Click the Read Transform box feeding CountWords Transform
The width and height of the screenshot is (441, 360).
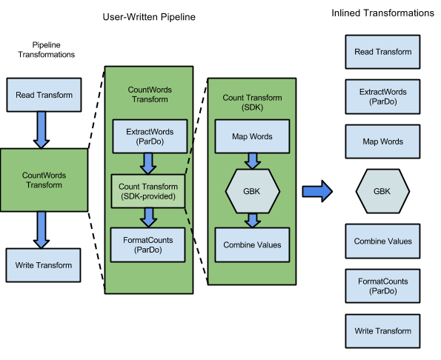pos(44,96)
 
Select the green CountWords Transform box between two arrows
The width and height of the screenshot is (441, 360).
pos(44,180)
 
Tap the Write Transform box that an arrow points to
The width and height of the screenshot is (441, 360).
pos(44,265)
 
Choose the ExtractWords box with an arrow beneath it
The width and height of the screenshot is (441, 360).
pos(148,136)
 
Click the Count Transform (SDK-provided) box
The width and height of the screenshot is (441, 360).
pos(148,191)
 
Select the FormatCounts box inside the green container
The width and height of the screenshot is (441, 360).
pos(148,245)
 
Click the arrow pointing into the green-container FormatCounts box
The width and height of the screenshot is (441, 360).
pos(148,217)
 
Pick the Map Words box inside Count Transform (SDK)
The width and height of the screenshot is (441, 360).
pos(252,136)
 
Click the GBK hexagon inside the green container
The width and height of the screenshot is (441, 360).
pos(252,190)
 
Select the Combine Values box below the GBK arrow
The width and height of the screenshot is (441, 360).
pos(252,245)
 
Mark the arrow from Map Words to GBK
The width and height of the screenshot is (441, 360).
pos(252,161)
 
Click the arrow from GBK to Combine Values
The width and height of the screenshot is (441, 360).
pos(252,220)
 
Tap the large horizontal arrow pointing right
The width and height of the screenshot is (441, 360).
pos(316,191)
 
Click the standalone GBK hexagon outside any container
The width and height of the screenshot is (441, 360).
pos(382,191)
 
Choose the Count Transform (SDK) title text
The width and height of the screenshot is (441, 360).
pos(252,103)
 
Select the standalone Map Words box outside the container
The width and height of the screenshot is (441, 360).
pos(382,141)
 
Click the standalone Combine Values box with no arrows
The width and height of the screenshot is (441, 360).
pos(382,241)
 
